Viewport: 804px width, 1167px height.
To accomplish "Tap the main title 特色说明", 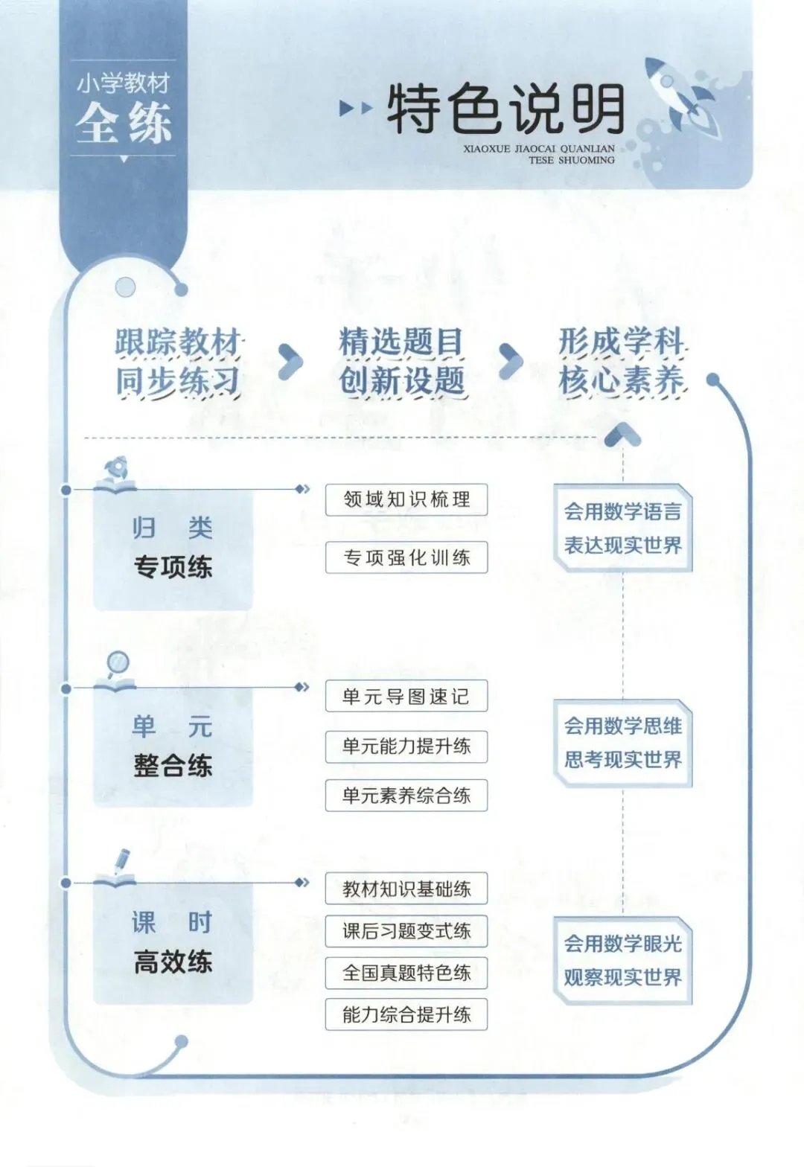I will pos(505,110).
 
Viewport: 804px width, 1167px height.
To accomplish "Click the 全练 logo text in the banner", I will pos(124,123).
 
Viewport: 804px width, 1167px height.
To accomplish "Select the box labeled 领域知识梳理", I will pos(406,499).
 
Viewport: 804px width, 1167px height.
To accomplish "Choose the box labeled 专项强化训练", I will pos(406,557).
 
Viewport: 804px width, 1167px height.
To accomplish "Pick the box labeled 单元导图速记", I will pos(406,696).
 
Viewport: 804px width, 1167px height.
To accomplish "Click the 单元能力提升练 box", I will pos(406,746).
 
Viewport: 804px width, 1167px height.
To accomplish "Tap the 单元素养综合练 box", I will pos(406,795).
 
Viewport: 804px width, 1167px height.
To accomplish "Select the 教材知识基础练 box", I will pos(406,889).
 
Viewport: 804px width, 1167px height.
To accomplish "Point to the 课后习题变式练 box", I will pos(406,931).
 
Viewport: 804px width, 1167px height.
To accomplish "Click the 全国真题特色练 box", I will pos(406,973).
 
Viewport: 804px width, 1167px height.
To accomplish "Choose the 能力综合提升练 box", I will pos(406,1014).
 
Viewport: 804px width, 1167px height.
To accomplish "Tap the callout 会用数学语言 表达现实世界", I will pos(623,528).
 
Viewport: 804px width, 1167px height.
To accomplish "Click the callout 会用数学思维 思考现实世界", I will pos(623,743).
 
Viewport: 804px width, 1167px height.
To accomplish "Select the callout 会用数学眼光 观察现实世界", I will pos(623,960).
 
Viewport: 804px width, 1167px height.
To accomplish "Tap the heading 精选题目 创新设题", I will pos(402,362).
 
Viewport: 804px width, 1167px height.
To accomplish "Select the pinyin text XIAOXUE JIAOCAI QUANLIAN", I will pos(539,149).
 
